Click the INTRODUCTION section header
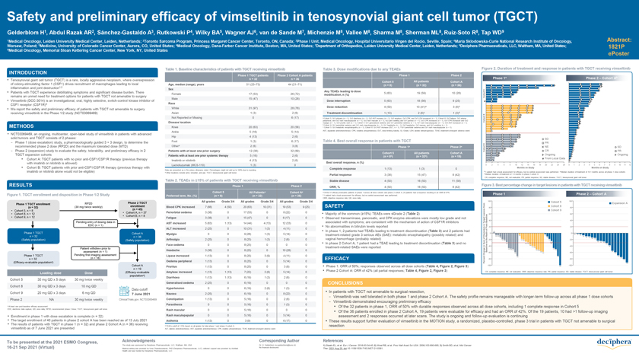[27, 72]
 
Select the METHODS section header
[22, 124]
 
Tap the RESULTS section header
[21, 184]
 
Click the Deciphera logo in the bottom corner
[604, 344]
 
